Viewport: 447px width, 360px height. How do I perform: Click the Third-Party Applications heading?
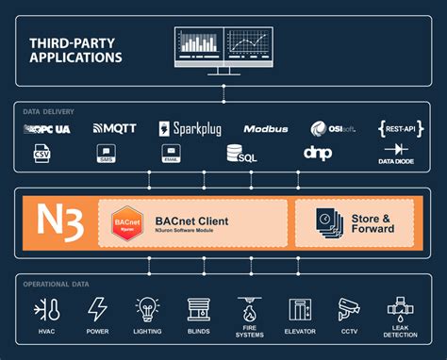[75, 50]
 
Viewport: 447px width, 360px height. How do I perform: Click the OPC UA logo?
[48, 128]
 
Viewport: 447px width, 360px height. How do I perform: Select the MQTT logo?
[115, 128]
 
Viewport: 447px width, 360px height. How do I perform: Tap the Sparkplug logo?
[190, 128]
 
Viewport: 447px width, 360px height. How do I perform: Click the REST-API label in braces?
[397, 128]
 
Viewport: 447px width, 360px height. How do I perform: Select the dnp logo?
[317, 152]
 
